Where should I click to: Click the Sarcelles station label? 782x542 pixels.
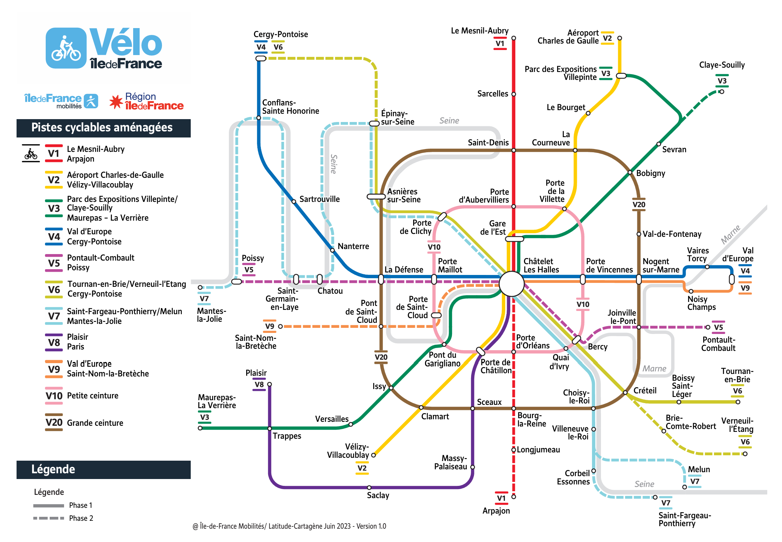pyautogui.click(x=493, y=94)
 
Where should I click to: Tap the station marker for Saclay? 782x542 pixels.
pyautogui.click(x=369, y=488)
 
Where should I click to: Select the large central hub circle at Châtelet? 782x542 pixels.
pyautogui.click(x=511, y=284)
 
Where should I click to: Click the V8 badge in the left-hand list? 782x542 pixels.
pyautogui.click(x=54, y=342)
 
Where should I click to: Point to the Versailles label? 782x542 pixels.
pyautogui.click(x=332, y=419)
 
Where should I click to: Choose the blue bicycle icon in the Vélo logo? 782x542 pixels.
pyautogui.click(x=66, y=48)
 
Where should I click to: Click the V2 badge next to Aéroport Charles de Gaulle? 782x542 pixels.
pyautogui.click(x=607, y=38)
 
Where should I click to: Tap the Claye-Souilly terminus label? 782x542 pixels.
pyautogui.click(x=722, y=65)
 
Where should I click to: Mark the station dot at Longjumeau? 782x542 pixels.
pyautogui.click(x=514, y=450)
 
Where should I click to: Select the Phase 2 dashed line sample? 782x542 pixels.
pyautogui.click(x=49, y=518)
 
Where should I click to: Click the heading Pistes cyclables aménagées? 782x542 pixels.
pyautogui.click(x=102, y=127)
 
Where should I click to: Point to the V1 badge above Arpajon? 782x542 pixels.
pyautogui.click(x=501, y=498)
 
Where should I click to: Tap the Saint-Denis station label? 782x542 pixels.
pyautogui.click(x=488, y=143)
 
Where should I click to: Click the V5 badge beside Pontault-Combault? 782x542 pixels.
pyautogui.click(x=718, y=327)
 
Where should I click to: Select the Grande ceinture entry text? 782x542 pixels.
pyautogui.click(x=95, y=423)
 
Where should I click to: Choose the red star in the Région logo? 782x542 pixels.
pyautogui.click(x=116, y=102)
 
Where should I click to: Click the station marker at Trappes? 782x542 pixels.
pyautogui.click(x=270, y=428)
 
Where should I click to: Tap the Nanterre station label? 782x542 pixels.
pyautogui.click(x=353, y=247)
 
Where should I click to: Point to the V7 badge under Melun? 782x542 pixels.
pyautogui.click(x=695, y=482)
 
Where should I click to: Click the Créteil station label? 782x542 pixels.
pyautogui.click(x=645, y=391)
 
